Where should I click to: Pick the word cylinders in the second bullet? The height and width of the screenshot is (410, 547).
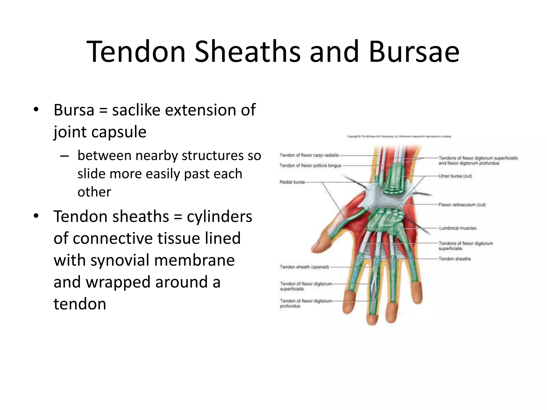pos(219,216)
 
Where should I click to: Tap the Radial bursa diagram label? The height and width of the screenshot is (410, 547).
pos(292,182)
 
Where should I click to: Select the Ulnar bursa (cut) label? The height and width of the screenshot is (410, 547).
pos(455,176)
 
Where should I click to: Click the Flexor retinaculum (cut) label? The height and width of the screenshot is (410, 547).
pos(462,205)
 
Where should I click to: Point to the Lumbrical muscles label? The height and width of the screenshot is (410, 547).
pos(458,228)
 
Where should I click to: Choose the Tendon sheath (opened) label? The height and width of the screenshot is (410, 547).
pos(304,267)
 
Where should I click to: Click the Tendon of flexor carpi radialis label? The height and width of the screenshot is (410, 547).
pos(309,155)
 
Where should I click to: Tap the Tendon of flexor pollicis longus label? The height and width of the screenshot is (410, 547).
pos(310,166)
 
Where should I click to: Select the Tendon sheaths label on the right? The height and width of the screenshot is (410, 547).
pos(455,259)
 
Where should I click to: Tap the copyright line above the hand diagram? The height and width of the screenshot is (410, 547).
pos(399,137)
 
